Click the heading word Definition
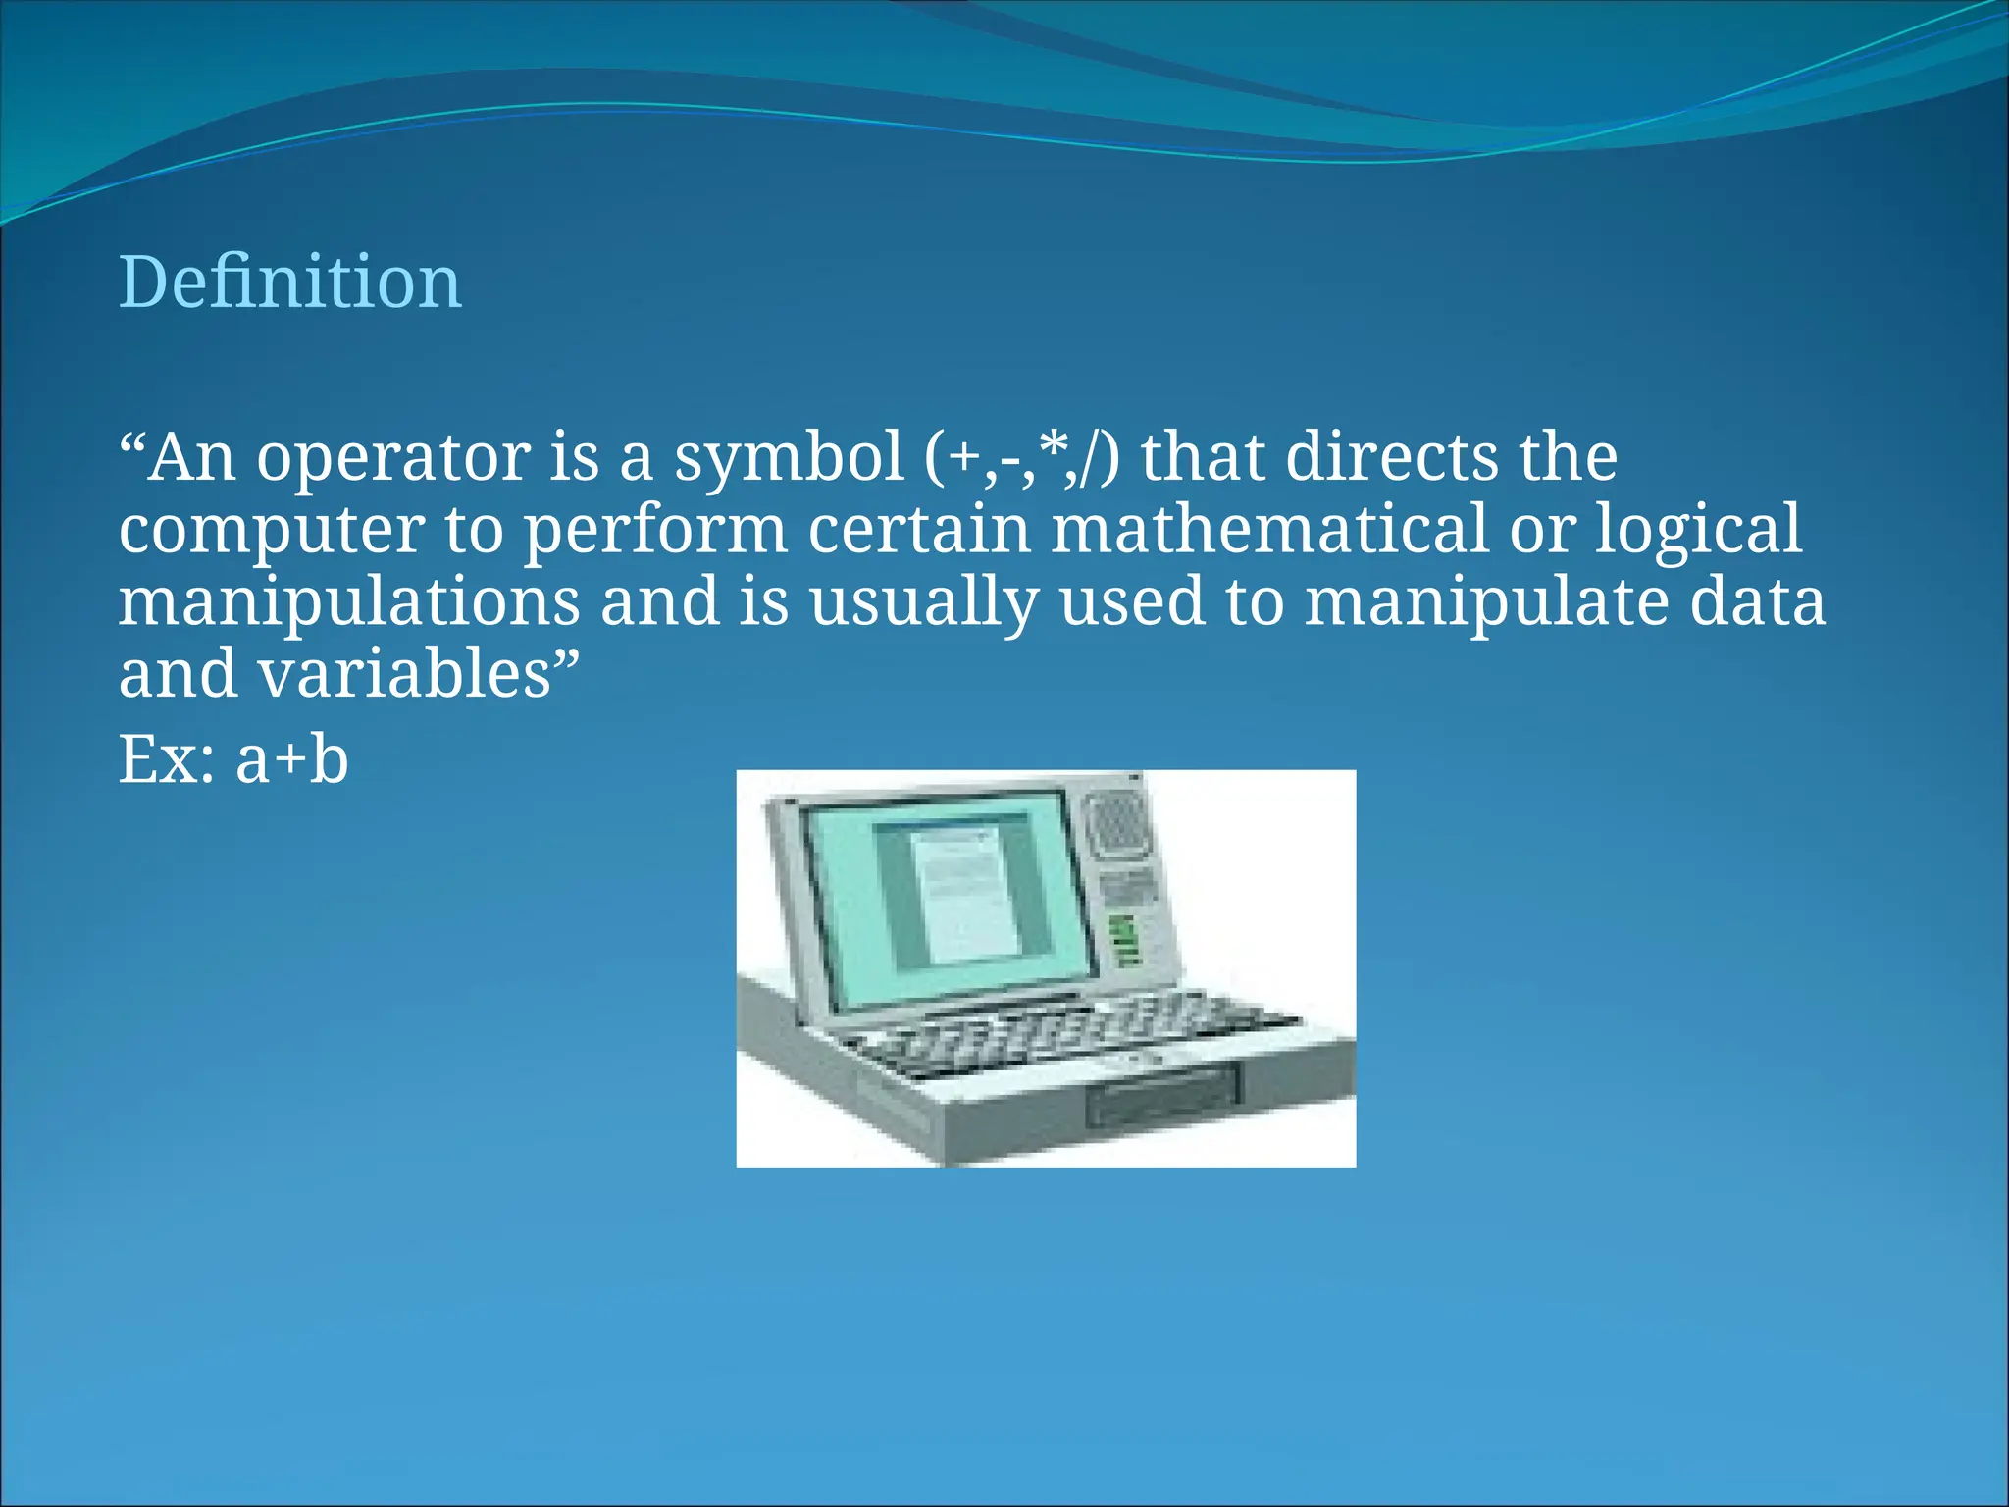[290, 283]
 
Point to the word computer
[272, 530]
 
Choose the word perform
[655, 530]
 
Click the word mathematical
[1269, 530]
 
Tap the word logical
[1698, 530]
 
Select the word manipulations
[349, 602]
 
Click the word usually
[923, 602]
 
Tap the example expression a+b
[291, 760]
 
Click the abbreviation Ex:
[167, 760]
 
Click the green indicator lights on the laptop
[1124, 940]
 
